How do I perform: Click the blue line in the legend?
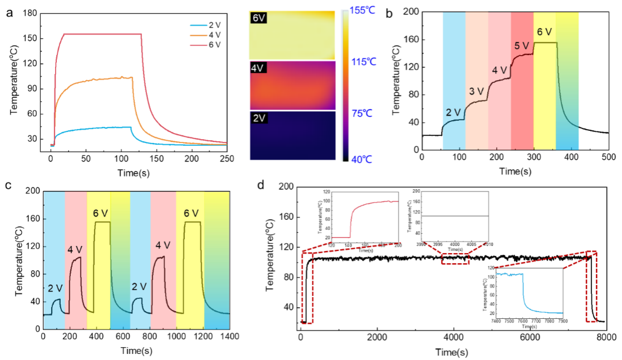[x=198, y=26]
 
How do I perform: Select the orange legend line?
[x=198, y=35]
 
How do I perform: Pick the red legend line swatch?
[x=198, y=45]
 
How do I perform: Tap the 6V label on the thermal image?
[x=259, y=18]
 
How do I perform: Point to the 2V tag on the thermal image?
[x=259, y=118]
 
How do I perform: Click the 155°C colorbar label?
[x=362, y=9]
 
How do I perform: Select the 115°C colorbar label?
[x=363, y=62]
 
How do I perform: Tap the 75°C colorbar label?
[x=362, y=114]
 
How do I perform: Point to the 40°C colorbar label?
[x=362, y=160]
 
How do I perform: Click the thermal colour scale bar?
[x=345, y=86]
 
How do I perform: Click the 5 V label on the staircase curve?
[x=521, y=46]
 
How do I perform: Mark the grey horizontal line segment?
[x=454, y=216]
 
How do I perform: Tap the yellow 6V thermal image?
[x=292, y=34]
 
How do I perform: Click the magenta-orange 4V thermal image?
[x=292, y=86]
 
